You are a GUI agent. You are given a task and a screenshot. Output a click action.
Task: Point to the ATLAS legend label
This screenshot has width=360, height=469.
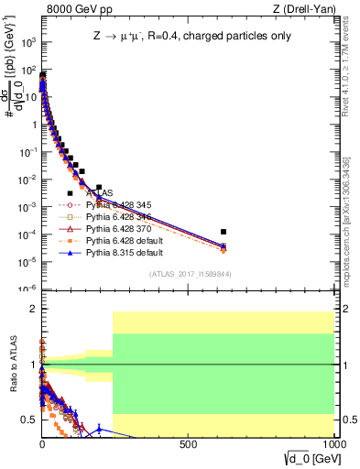(x=98, y=193)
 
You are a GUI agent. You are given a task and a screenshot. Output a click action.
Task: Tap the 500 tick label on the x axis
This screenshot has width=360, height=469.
(x=188, y=444)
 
